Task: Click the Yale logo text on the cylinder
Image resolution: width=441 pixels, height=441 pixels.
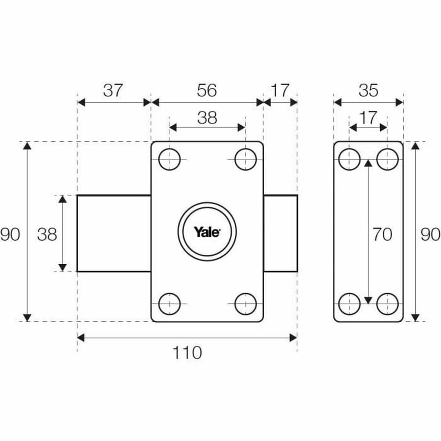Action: click(x=207, y=232)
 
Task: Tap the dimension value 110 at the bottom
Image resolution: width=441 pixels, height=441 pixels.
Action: click(x=187, y=353)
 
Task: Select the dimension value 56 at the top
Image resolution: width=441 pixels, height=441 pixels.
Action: click(x=207, y=90)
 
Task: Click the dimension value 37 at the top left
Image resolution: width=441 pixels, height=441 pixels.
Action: click(x=112, y=90)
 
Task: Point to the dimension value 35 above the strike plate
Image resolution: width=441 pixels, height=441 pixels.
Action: click(x=368, y=90)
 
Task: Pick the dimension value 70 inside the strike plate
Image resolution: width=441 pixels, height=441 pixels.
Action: click(x=382, y=234)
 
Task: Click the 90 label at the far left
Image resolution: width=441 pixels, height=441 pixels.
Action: click(x=10, y=234)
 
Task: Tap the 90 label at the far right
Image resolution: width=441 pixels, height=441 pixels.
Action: click(x=430, y=234)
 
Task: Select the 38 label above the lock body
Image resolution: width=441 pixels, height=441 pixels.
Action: click(x=207, y=118)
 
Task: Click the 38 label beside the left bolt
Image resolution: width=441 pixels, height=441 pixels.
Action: click(x=47, y=234)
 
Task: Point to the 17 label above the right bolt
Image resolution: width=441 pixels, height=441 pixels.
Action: click(x=280, y=90)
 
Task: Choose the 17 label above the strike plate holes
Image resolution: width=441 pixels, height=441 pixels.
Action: click(x=368, y=118)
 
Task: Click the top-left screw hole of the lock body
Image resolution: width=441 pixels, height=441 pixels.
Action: click(x=169, y=159)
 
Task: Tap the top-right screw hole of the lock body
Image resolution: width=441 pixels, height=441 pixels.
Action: click(x=245, y=159)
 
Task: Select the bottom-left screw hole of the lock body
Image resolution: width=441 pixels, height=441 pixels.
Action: click(x=169, y=304)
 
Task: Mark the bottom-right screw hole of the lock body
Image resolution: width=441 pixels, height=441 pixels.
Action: click(x=245, y=304)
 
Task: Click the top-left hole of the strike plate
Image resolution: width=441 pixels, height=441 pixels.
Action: click(x=349, y=159)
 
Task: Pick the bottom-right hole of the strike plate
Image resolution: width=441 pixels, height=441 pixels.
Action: click(x=387, y=304)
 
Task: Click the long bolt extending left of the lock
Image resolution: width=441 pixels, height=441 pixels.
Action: click(x=114, y=233)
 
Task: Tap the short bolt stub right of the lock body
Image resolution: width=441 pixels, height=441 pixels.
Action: click(x=280, y=233)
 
